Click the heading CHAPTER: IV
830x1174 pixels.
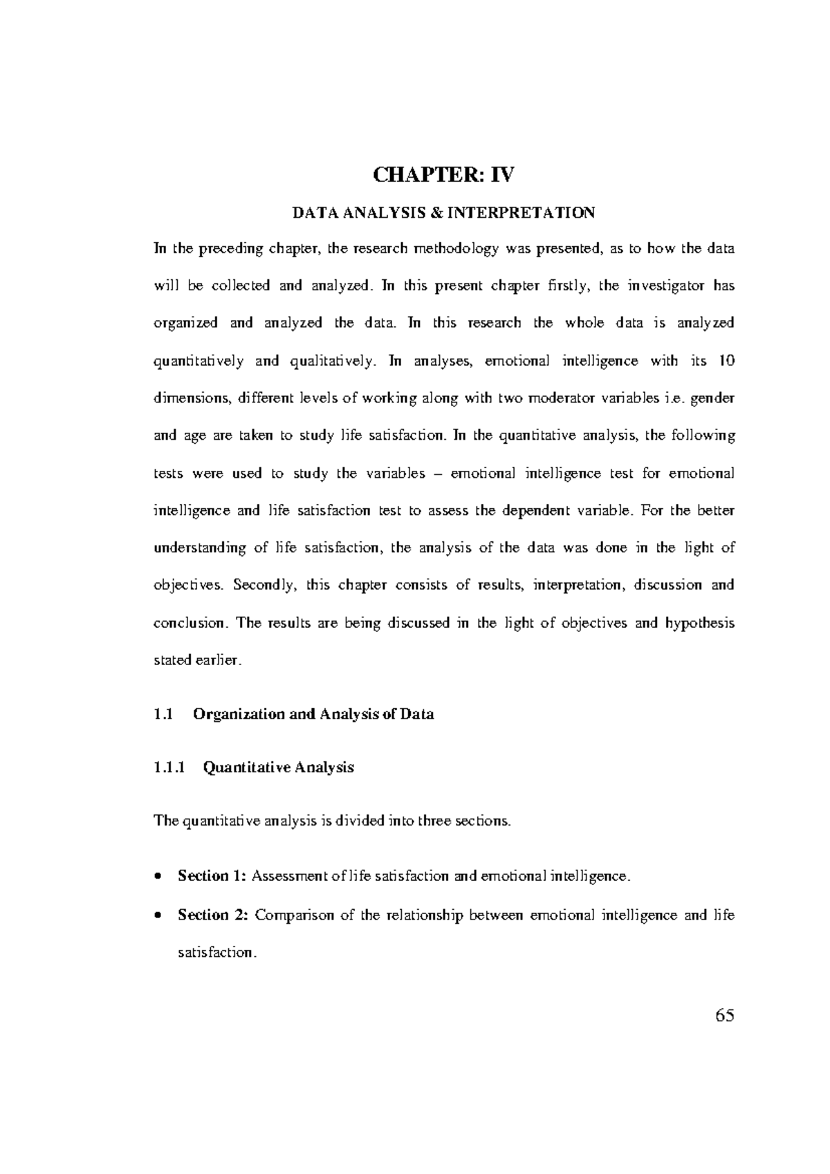click(443, 175)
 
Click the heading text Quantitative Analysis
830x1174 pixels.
click(278, 767)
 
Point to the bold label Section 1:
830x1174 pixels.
click(212, 876)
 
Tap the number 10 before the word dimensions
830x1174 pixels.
click(726, 361)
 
